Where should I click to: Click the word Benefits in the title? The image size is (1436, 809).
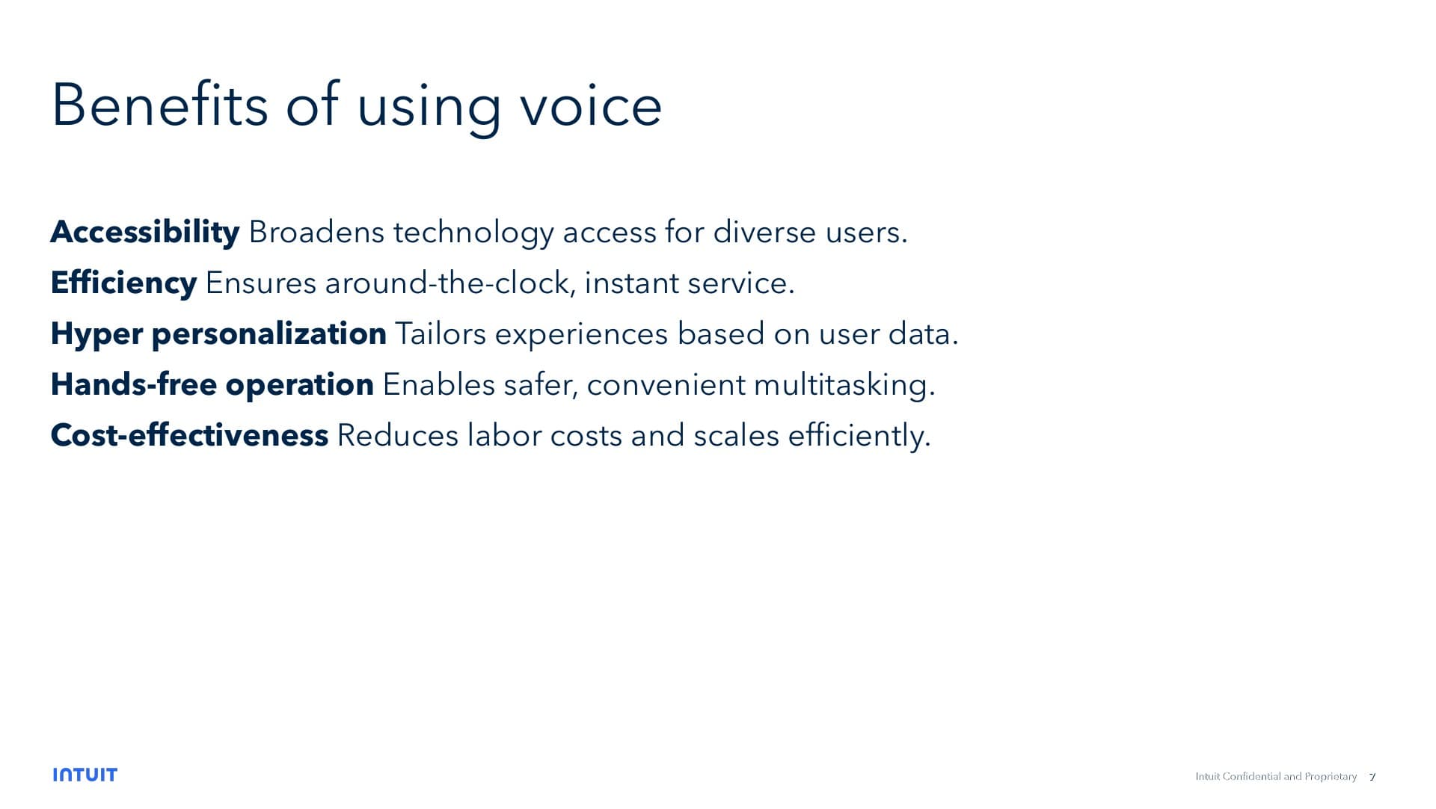[x=159, y=105]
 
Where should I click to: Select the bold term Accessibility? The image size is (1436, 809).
[x=144, y=233]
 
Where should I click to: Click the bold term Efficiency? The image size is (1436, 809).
[x=123, y=283]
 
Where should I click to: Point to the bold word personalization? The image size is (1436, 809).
[x=269, y=334]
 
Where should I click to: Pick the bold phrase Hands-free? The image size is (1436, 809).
[x=133, y=385]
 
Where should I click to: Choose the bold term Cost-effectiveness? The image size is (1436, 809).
[x=189, y=436]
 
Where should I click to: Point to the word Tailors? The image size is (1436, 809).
[x=440, y=334]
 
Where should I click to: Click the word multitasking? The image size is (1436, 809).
[x=844, y=385]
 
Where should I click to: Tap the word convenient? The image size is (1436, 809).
[x=666, y=385]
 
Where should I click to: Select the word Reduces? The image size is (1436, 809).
[x=397, y=436]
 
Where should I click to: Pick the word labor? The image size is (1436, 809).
[x=504, y=436]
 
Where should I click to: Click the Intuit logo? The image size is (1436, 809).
[x=85, y=775]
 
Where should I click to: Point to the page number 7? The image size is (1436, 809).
[x=1372, y=777]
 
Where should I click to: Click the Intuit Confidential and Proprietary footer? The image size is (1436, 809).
[x=1275, y=777]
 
